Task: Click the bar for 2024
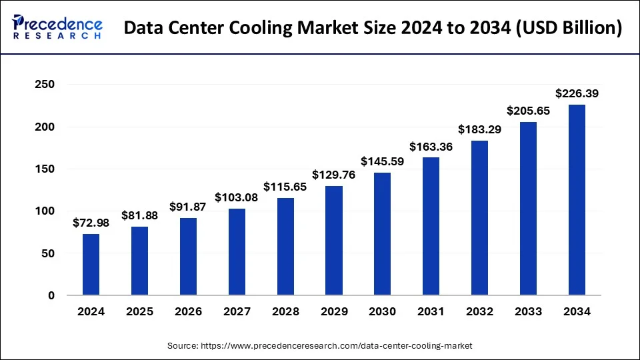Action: (x=91, y=265)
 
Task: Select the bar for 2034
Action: (x=577, y=200)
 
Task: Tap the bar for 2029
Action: (x=334, y=241)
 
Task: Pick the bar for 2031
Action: (x=431, y=226)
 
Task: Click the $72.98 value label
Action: (x=91, y=222)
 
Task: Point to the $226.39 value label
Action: (x=577, y=93)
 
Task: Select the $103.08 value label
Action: (x=237, y=197)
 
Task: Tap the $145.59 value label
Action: (x=383, y=161)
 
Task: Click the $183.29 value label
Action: (x=480, y=129)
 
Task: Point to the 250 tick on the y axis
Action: (x=45, y=85)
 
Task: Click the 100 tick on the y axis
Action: (x=45, y=211)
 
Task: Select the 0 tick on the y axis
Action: (x=51, y=295)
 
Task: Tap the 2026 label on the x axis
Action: (x=188, y=311)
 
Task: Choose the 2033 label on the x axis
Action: (x=528, y=311)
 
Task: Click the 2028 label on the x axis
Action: (x=285, y=311)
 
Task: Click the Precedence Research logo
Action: (x=57, y=27)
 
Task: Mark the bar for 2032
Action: (x=480, y=218)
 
